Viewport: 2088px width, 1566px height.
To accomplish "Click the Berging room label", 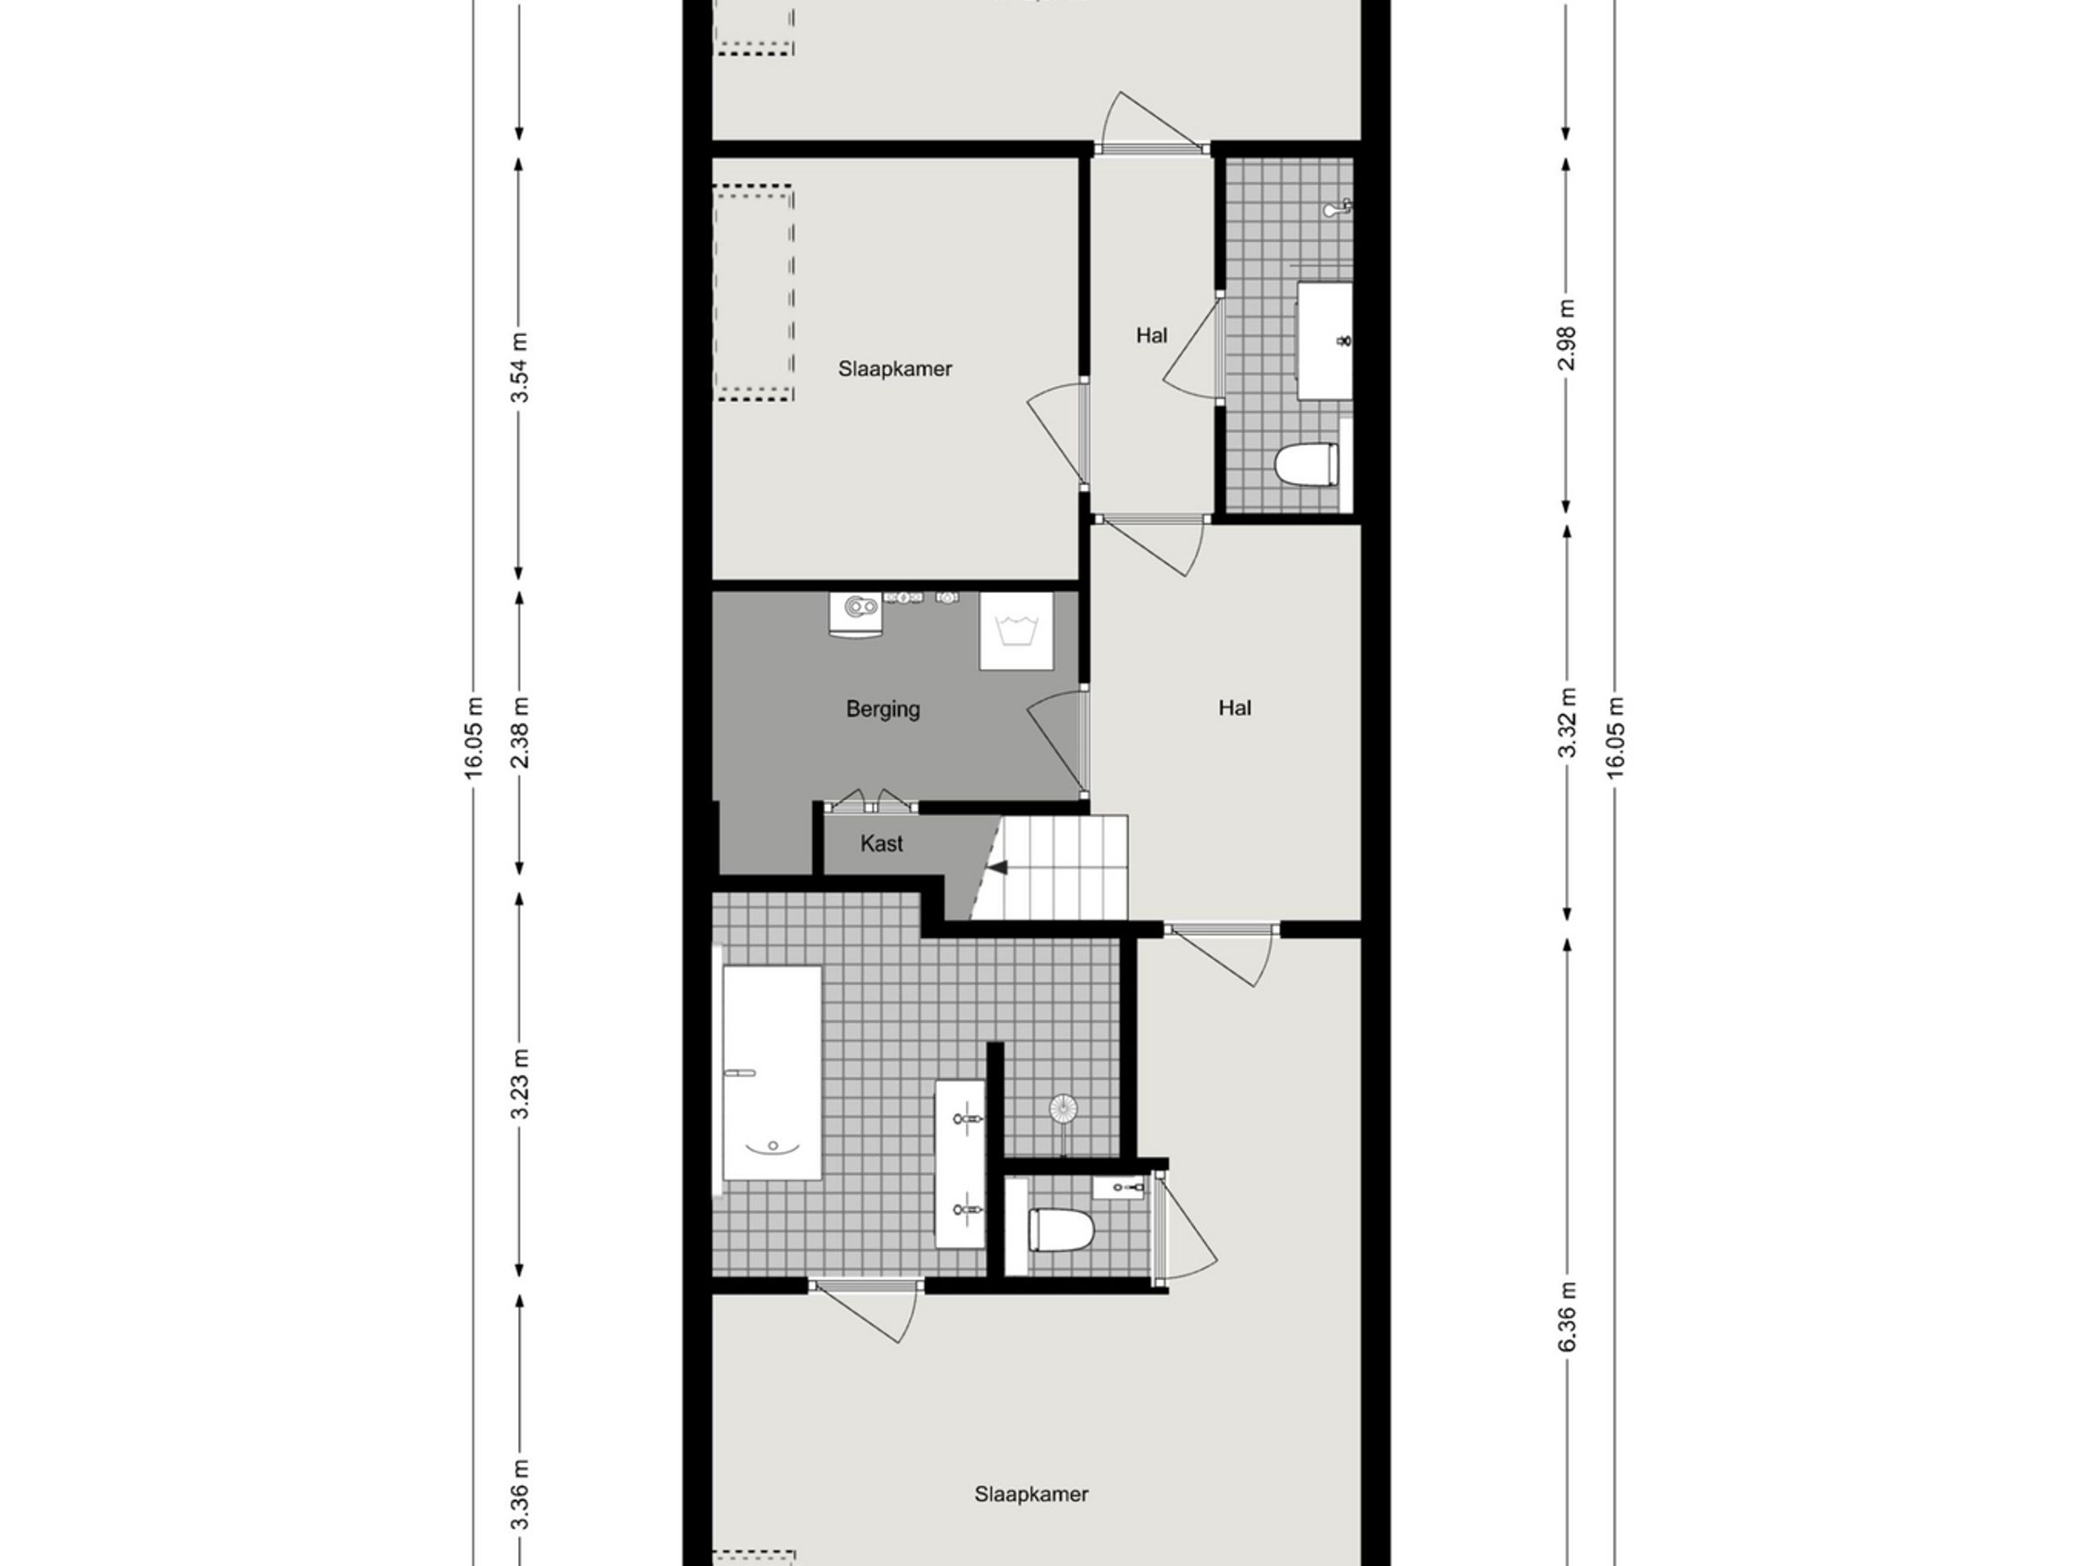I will (x=882, y=709).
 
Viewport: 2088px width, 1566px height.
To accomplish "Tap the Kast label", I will (x=881, y=844).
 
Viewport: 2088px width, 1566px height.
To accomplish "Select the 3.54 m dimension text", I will (x=520, y=368).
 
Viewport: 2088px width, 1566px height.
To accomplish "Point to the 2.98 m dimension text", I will (x=1567, y=334).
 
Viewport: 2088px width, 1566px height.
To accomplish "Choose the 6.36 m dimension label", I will (x=1567, y=1316).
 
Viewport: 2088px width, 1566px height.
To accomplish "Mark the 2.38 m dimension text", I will (x=520, y=732).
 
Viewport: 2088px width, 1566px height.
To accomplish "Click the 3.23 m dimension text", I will (x=520, y=1085).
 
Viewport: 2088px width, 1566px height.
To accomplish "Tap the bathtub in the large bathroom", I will (x=772, y=1073).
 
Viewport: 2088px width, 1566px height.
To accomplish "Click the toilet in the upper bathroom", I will (x=1307, y=464).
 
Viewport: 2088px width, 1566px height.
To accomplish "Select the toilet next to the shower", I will (x=1061, y=1230).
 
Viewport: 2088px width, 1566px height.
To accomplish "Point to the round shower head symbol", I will (x=1063, y=1108).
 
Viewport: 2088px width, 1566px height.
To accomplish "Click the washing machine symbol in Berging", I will (x=1015, y=630).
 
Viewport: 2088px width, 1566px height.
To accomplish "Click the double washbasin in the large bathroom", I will (x=960, y=1163).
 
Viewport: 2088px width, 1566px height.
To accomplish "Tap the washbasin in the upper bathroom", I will (x=1325, y=340).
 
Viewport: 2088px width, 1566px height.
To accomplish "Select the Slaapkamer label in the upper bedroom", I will (x=895, y=369).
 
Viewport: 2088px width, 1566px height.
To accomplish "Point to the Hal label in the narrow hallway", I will (x=1151, y=335).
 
